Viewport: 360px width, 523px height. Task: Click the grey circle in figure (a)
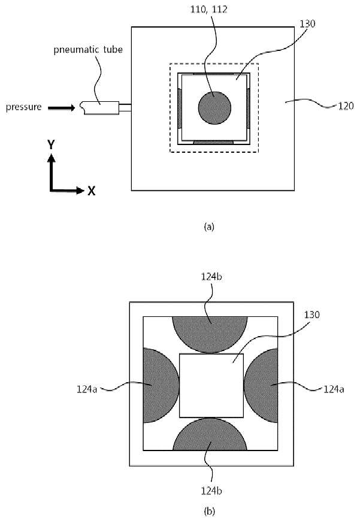[x=214, y=108]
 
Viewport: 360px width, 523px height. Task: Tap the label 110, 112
[x=209, y=9]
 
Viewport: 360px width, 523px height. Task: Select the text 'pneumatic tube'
[x=88, y=50]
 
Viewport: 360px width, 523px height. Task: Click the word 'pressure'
[x=24, y=107]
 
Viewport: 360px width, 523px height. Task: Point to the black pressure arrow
[x=61, y=108]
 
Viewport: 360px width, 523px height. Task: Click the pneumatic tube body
[x=99, y=108]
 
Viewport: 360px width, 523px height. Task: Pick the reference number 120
[x=346, y=106]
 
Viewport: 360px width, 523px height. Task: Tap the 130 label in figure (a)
[x=307, y=24]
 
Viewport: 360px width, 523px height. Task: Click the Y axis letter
[x=51, y=145]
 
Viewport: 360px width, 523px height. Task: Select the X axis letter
[x=92, y=191]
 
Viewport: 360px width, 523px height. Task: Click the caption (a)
[x=209, y=227]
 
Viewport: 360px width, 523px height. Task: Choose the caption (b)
[x=209, y=511]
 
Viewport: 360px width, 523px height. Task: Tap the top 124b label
[x=211, y=277]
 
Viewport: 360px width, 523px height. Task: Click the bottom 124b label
[x=211, y=491]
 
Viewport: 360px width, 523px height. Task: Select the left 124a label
[x=87, y=389]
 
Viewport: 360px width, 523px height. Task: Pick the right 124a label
[x=334, y=389]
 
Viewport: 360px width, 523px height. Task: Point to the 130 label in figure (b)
[x=312, y=315]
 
